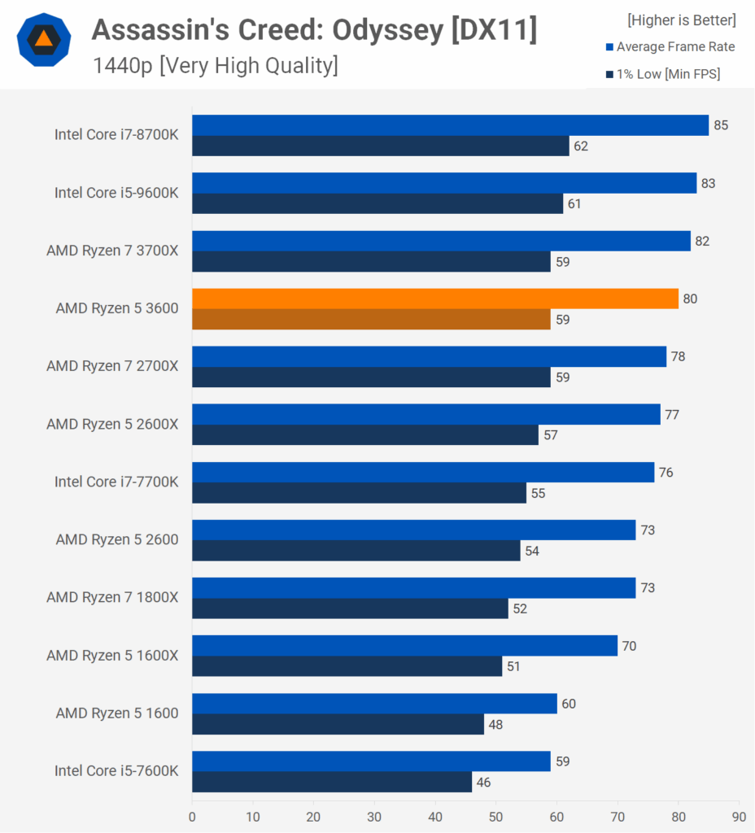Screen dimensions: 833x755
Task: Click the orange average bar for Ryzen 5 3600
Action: tap(435, 299)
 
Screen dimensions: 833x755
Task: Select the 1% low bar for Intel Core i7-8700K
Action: tap(381, 146)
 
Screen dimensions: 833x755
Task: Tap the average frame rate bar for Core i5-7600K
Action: tap(371, 761)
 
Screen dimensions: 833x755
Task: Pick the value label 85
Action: tap(721, 125)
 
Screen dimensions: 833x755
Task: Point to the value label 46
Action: tap(484, 783)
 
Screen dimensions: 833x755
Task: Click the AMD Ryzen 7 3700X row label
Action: tap(112, 251)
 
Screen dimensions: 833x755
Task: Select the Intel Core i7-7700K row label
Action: tap(116, 482)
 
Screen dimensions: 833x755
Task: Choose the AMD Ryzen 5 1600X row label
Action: tap(112, 656)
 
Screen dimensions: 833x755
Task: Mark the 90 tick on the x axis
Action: tap(739, 816)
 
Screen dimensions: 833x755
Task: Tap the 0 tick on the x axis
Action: tap(192, 816)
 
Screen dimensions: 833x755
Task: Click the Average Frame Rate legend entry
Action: tap(670, 47)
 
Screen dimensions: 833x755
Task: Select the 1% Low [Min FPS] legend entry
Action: tap(662, 75)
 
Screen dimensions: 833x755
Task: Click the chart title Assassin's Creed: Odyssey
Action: tap(314, 30)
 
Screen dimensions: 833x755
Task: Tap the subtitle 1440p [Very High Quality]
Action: tap(215, 65)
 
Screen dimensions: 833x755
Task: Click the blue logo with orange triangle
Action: tap(43, 39)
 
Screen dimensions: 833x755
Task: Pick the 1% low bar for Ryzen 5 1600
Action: tap(338, 724)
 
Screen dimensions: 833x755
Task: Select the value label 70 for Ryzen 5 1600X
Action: tap(629, 646)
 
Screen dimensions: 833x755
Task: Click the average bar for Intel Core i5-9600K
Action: tap(444, 183)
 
